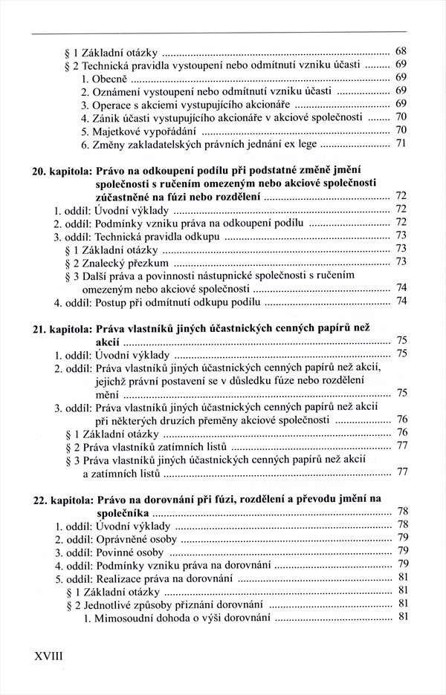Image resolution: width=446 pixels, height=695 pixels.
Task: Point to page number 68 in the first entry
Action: [401, 51]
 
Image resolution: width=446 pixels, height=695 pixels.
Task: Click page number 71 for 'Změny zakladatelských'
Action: [401, 143]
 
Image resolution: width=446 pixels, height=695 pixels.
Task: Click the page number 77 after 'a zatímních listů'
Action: [403, 472]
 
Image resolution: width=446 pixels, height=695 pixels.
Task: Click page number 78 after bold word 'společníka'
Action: [402, 512]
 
